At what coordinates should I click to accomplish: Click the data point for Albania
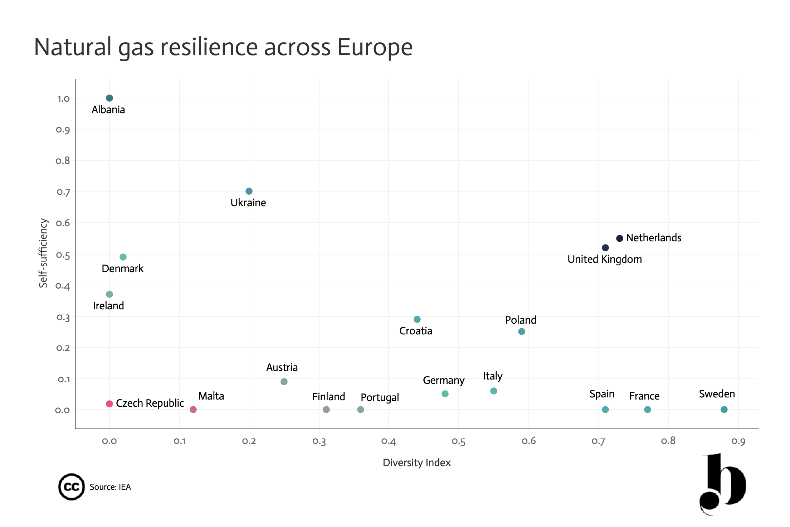click(109, 98)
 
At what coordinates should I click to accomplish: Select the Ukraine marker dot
click(249, 191)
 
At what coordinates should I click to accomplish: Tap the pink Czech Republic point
click(109, 404)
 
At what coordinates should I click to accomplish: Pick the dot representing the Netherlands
click(620, 238)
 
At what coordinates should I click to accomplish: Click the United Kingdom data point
click(605, 248)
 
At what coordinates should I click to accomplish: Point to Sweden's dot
click(724, 410)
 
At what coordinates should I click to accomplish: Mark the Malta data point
click(193, 410)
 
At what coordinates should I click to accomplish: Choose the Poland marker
click(522, 332)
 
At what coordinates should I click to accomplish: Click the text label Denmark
click(122, 269)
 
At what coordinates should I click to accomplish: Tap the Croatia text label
click(416, 331)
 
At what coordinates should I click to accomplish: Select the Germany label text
click(444, 381)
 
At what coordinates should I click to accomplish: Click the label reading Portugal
click(380, 398)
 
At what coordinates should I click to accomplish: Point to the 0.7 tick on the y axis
click(63, 192)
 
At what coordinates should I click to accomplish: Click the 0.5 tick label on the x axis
click(459, 441)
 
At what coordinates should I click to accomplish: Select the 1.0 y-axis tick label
click(63, 98)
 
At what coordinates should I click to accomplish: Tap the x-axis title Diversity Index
click(417, 463)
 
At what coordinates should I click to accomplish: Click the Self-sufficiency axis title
click(43, 253)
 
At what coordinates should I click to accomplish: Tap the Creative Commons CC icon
click(72, 487)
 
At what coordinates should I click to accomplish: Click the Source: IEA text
click(110, 487)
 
